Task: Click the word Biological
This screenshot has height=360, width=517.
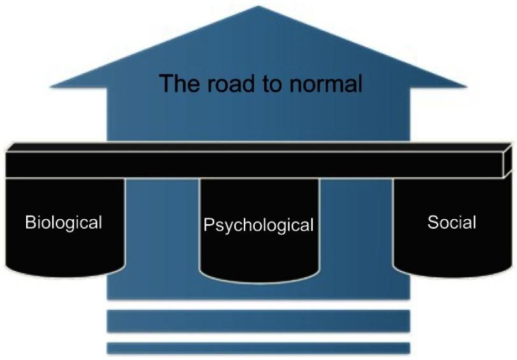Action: pos(63,222)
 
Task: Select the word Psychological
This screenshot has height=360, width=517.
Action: pos(258,225)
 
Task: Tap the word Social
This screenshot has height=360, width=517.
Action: pos(451,222)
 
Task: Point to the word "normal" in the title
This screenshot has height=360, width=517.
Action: pos(324,83)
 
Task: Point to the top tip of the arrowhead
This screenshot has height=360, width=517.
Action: pos(258,7)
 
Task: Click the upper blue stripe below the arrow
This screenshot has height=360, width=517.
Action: pos(258,320)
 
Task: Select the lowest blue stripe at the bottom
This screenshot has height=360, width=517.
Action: pos(258,348)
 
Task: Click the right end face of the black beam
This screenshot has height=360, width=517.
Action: pos(508,161)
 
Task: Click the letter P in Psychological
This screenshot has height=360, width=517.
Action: pos(208,225)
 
